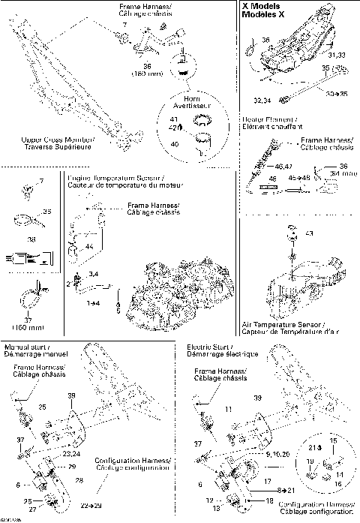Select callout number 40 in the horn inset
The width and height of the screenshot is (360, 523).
174,143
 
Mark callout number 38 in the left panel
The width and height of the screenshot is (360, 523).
31,239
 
